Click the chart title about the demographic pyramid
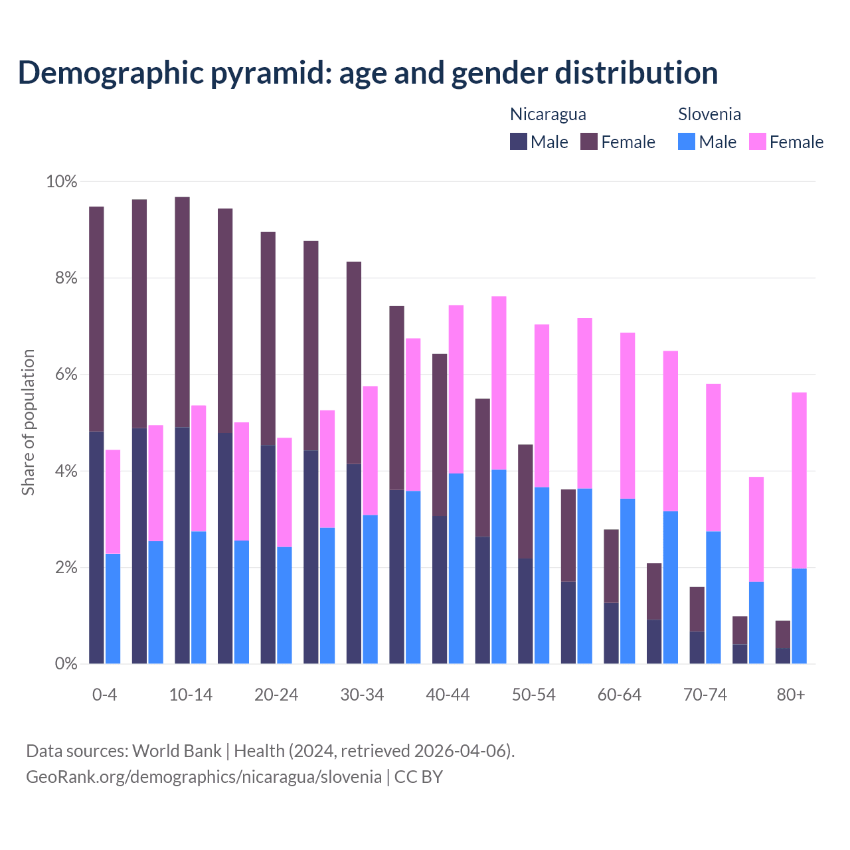(367, 72)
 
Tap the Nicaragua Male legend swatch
(519, 141)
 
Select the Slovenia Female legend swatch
(758, 141)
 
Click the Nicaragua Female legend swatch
(589, 141)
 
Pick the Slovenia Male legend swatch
(687, 141)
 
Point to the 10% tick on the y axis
(61, 181)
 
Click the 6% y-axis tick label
(66, 375)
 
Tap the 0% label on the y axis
(66, 663)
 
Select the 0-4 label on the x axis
(105, 695)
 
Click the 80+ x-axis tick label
(791, 695)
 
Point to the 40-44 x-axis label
(448, 695)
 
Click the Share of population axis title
(28, 422)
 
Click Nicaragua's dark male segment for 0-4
(97, 547)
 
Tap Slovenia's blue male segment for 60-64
(628, 581)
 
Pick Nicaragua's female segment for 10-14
(183, 312)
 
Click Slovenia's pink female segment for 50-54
(542, 406)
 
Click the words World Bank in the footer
(177, 750)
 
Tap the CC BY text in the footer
(418, 776)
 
